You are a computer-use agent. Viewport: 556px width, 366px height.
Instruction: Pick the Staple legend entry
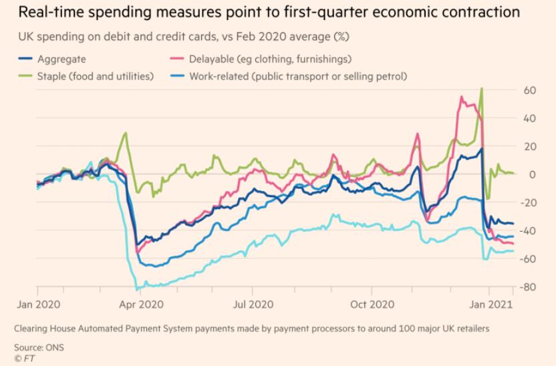tap(90, 76)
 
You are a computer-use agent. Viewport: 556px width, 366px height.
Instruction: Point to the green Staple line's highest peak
tap(481, 89)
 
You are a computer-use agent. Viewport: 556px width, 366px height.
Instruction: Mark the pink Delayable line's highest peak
tap(462, 97)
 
